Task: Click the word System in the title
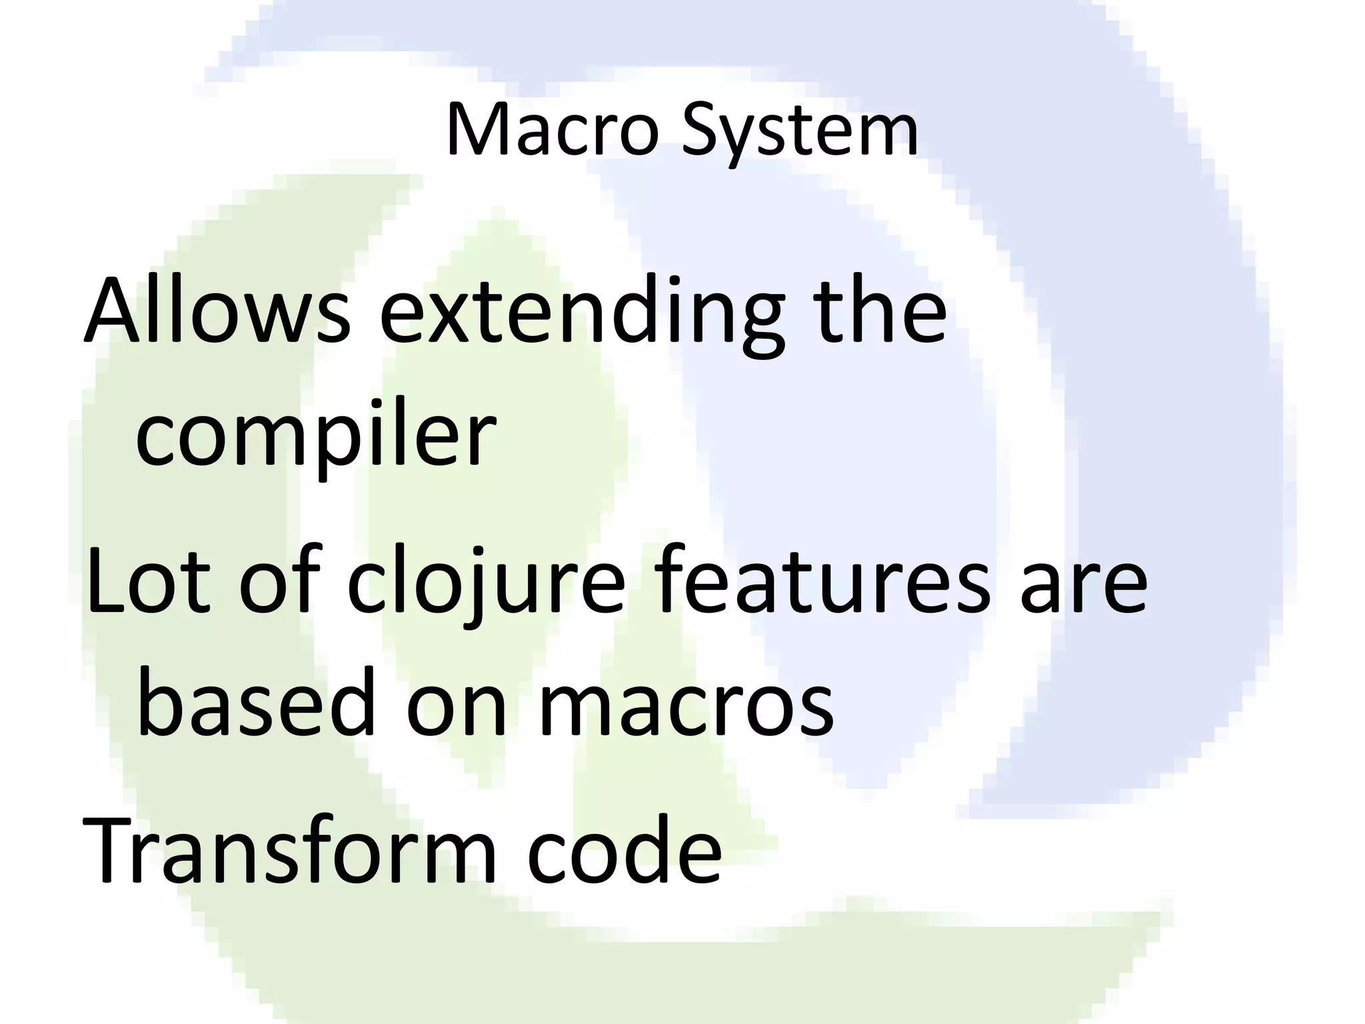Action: coord(799,131)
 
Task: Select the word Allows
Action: coord(216,312)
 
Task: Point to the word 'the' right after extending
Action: coord(881,312)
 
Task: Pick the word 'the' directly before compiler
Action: coord(881,312)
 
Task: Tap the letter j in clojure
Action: coord(466,587)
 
